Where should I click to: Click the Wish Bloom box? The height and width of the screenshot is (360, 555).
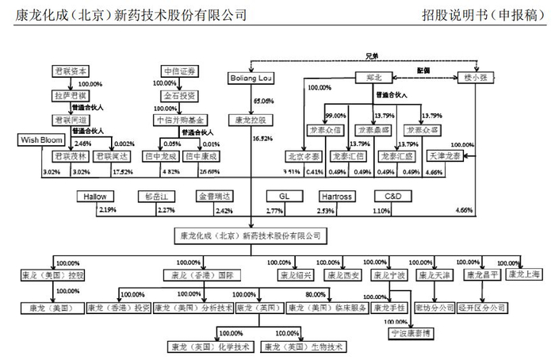coord(39,140)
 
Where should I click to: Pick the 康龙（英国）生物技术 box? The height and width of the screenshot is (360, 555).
coord(304,347)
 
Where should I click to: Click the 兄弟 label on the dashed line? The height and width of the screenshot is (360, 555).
coord(371,56)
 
